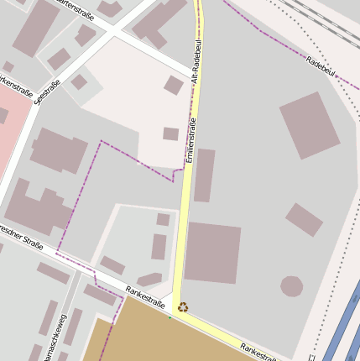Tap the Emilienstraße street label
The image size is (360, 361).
coord(190,140)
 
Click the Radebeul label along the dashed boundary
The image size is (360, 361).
coord(321,67)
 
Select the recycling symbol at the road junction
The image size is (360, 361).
coord(182,307)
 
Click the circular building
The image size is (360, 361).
coord(291,286)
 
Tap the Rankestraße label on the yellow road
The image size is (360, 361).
coord(258,351)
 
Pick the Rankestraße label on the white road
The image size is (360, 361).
coord(144,295)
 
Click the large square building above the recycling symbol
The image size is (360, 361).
coord(212,253)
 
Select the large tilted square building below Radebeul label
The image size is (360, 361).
coord(310,125)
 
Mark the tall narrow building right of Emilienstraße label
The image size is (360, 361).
coord(204,175)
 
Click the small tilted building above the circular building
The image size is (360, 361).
coord(304,219)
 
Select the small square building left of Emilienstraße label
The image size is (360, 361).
coord(170,133)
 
